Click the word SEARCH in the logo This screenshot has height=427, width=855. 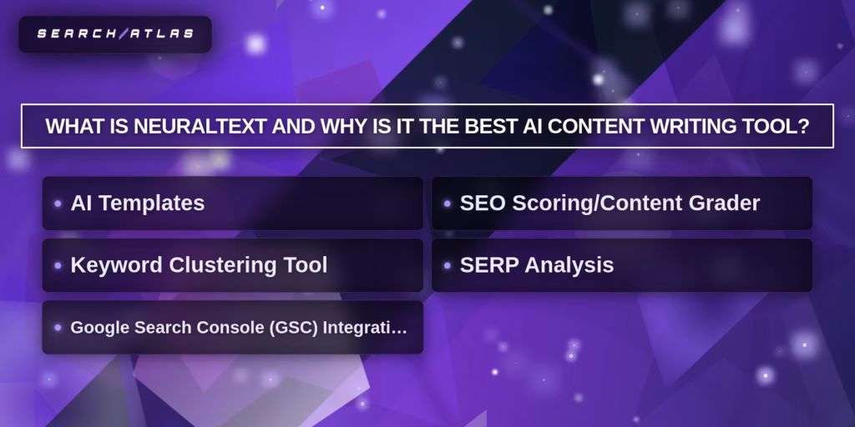(x=76, y=34)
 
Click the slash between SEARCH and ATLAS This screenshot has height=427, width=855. (x=123, y=34)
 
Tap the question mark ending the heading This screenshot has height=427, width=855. (x=804, y=127)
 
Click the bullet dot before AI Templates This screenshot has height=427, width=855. (x=58, y=203)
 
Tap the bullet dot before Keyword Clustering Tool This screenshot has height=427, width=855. (x=58, y=265)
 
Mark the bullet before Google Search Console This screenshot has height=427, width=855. (x=58, y=328)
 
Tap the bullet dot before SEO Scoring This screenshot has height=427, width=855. (x=448, y=203)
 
